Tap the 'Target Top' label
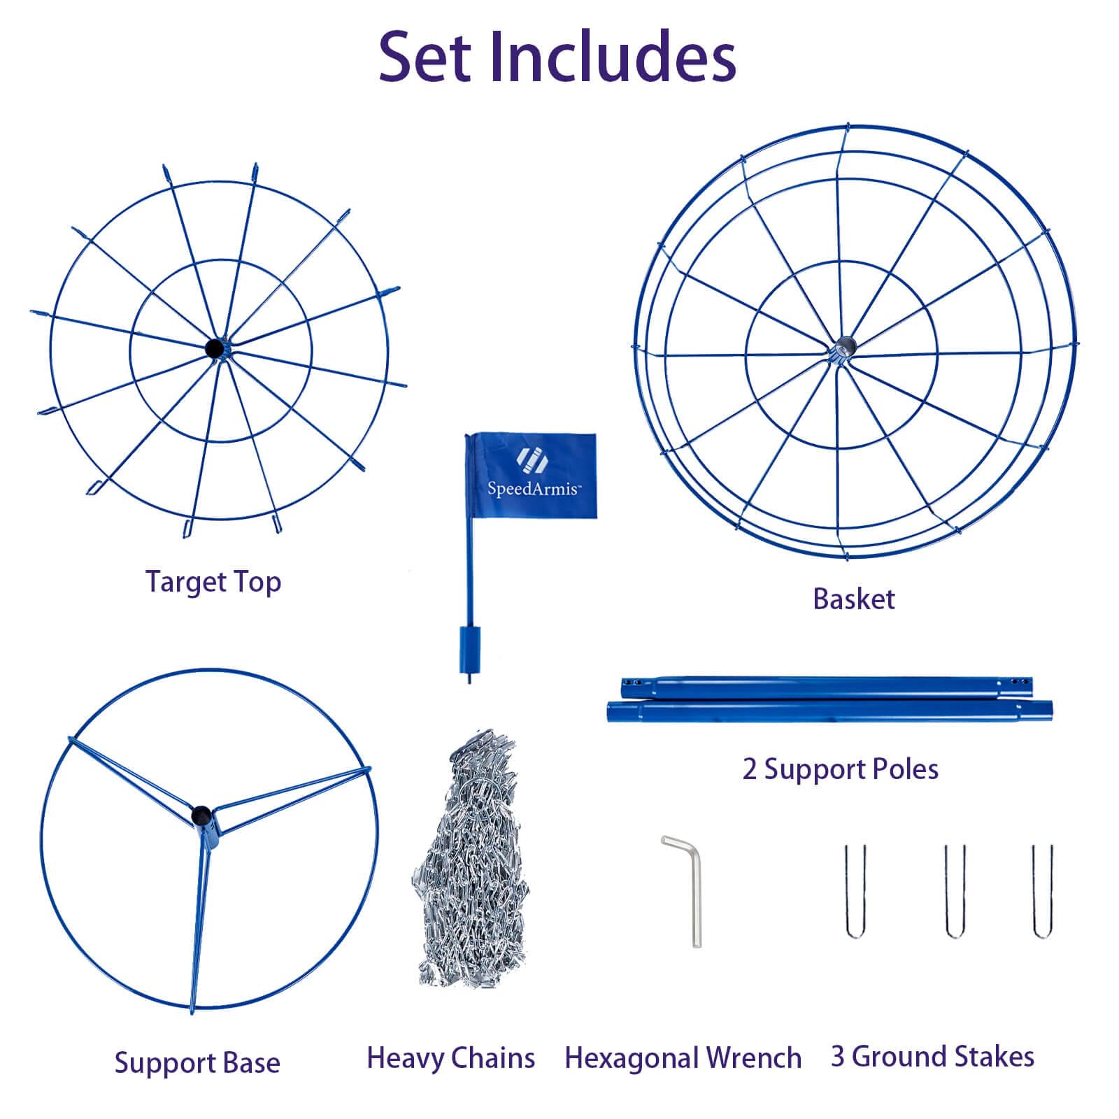click(x=213, y=582)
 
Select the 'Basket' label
click(x=853, y=599)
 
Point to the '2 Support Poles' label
click(x=840, y=769)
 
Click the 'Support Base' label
click(x=197, y=1062)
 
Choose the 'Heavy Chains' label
click(x=451, y=1057)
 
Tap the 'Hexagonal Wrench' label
click(x=683, y=1057)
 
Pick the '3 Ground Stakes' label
click(x=932, y=1056)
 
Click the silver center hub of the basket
click(x=845, y=345)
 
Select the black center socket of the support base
click(x=201, y=815)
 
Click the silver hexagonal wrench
click(x=693, y=888)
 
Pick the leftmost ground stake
click(x=855, y=892)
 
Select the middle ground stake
click(x=955, y=892)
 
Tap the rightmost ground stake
click(x=1042, y=892)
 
